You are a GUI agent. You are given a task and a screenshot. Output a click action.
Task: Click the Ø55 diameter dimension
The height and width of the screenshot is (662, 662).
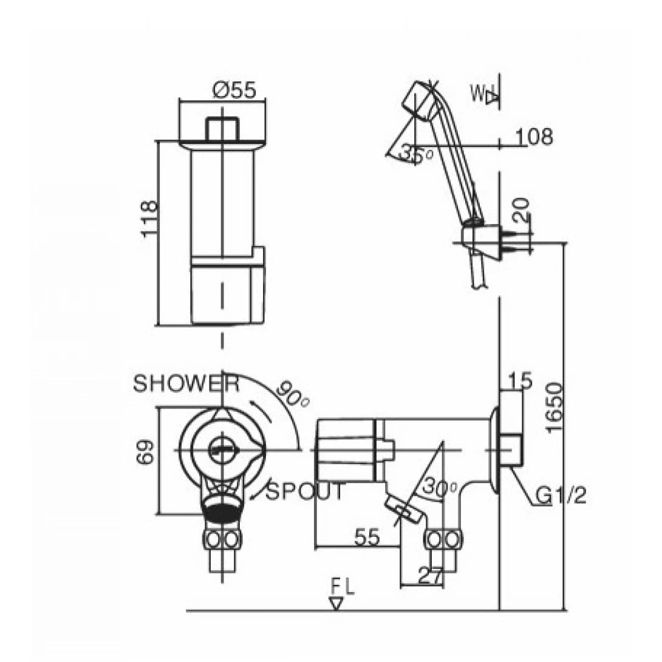click(234, 90)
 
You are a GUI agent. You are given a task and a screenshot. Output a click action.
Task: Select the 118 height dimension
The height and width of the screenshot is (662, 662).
click(150, 219)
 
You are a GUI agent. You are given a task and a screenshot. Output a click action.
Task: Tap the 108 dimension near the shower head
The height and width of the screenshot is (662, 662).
click(534, 137)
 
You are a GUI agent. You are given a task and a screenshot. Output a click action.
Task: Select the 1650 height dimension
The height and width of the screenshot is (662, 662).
click(554, 407)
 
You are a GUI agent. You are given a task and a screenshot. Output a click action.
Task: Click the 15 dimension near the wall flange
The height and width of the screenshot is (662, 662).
click(520, 381)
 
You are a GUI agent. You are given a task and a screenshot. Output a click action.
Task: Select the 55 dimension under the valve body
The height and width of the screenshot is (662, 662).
click(366, 537)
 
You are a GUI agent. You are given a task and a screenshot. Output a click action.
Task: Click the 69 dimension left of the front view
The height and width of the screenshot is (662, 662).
click(146, 451)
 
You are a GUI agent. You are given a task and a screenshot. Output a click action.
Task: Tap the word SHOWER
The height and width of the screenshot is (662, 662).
click(186, 384)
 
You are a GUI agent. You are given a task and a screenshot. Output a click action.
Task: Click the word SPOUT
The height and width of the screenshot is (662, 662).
click(305, 491)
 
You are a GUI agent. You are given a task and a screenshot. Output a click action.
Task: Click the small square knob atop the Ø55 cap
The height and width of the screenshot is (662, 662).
click(222, 128)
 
